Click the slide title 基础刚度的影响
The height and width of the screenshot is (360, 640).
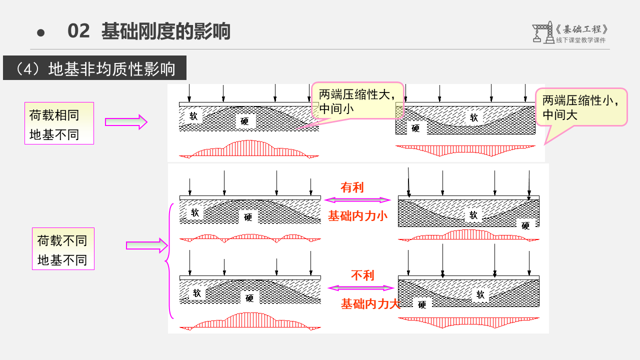click(x=165, y=31)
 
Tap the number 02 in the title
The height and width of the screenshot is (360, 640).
click(x=78, y=31)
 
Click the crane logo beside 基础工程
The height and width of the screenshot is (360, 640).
click(x=543, y=32)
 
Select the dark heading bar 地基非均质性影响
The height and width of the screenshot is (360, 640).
click(x=94, y=68)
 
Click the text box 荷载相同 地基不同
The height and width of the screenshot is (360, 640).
click(x=59, y=123)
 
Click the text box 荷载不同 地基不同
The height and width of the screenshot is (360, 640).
click(x=63, y=249)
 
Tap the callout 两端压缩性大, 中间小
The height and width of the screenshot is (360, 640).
click(x=357, y=101)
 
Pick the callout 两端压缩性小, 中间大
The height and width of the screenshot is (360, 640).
click(x=581, y=107)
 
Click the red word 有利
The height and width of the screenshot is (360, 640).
click(x=352, y=187)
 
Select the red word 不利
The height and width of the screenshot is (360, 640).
click(x=362, y=275)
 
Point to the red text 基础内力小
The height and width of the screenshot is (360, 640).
click(x=357, y=216)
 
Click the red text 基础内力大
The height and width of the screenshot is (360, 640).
click(x=370, y=303)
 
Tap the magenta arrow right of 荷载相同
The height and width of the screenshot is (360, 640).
click(x=126, y=122)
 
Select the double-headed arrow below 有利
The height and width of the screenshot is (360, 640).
click(x=357, y=200)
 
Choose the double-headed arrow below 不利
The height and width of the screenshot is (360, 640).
click(x=361, y=288)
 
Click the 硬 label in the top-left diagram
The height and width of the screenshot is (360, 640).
click(x=244, y=121)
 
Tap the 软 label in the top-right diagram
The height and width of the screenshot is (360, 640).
click(x=474, y=117)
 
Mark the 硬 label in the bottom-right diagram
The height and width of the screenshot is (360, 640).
click(x=422, y=304)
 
